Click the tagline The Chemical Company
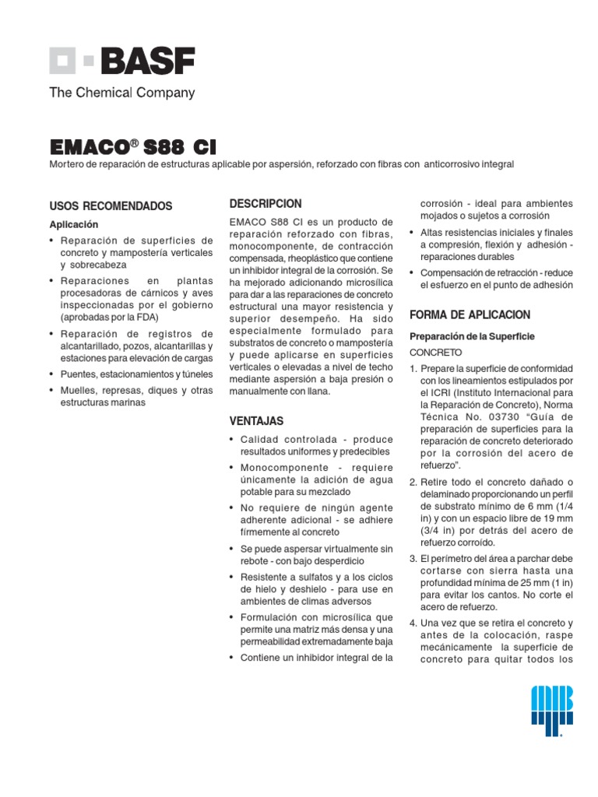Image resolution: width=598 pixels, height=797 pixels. pos(122,93)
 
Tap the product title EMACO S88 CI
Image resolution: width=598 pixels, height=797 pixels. pos(133,147)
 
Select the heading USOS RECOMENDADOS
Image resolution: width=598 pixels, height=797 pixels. pos(111,206)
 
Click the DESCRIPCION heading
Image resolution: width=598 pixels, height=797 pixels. pos(266,204)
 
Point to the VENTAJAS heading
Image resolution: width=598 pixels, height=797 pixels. pos(256,421)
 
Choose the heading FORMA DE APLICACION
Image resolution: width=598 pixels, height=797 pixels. pos(470,315)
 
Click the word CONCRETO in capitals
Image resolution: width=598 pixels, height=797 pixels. pos(436,352)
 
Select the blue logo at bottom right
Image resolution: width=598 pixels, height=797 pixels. pos(551,710)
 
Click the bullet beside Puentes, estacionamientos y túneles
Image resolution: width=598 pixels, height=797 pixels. pos(51,374)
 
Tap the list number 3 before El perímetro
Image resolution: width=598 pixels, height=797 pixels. pos(413,559)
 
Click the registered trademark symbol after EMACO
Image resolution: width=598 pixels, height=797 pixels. pos(134,142)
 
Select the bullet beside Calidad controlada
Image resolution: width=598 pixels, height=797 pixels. pos(232,441)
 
